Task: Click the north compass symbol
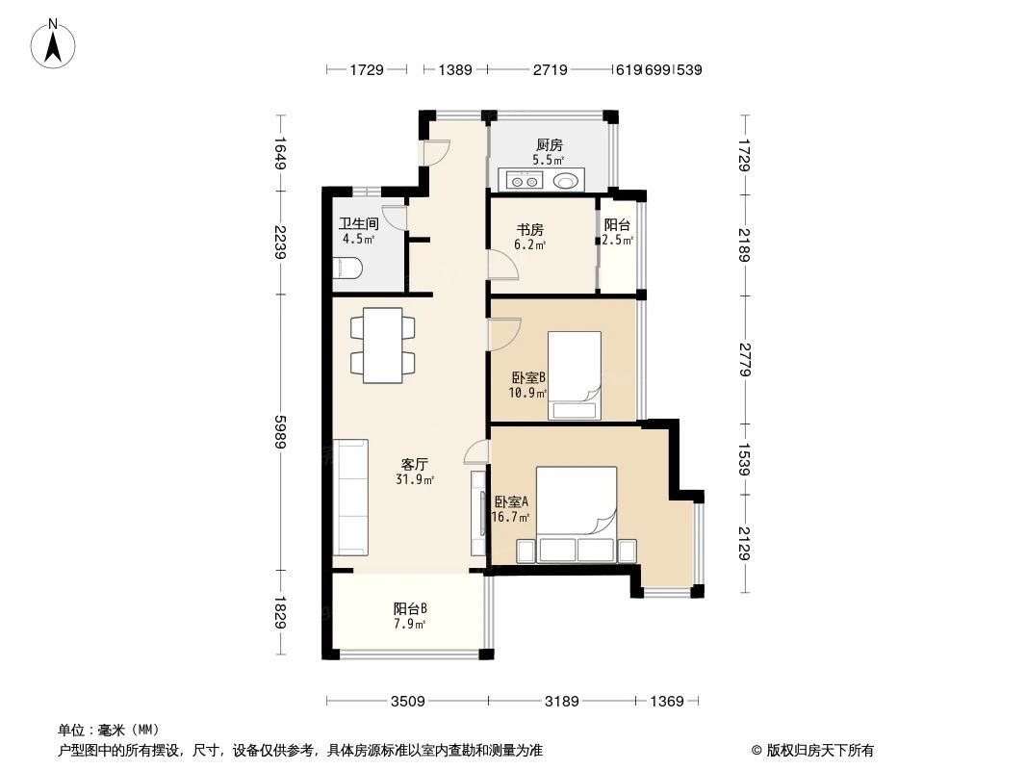pos(54,44)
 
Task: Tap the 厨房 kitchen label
pos(550,145)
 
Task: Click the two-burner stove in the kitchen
pos(525,180)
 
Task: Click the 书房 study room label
pos(530,230)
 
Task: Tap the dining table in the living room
pos(383,343)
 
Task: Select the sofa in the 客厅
pos(350,497)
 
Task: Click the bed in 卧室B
pos(575,376)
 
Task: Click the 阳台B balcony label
pos(409,608)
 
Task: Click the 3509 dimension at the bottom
pos(407,702)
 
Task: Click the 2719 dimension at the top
pos(550,69)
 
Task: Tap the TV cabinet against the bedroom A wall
pos(478,513)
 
